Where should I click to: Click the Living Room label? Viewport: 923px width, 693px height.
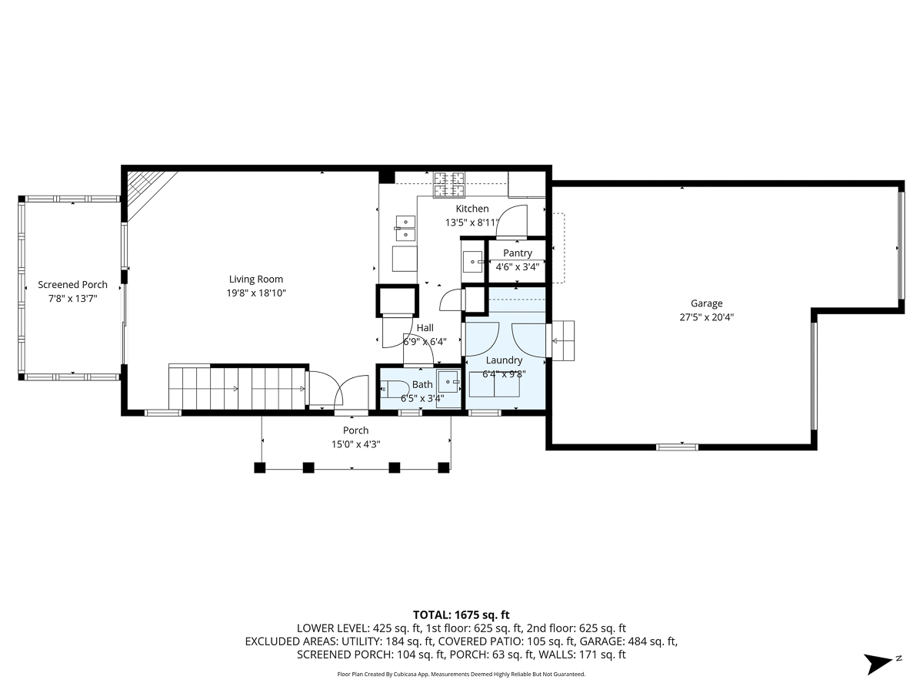tap(255, 280)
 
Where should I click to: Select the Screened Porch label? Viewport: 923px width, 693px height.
tap(72, 285)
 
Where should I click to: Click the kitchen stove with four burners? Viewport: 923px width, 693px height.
tap(449, 182)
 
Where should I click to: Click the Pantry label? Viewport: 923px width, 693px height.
tap(518, 253)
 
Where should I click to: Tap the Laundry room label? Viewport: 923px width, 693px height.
tap(504, 360)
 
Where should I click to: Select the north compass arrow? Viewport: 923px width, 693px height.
tap(879, 663)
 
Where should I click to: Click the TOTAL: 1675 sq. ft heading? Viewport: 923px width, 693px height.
tap(461, 614)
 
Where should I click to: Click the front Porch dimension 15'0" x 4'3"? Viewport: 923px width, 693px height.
tap(355, 444)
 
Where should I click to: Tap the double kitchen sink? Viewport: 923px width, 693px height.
tap(405, 229)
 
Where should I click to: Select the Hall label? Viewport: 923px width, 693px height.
tap(425, 328)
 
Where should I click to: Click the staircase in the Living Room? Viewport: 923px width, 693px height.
tap(237, 387)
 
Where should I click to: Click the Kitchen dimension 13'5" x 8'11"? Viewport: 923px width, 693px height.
tap(471, 223)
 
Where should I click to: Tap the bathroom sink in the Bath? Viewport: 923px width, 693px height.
tap(448, 380)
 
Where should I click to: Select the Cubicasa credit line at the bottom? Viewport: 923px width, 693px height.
tap(461, 674)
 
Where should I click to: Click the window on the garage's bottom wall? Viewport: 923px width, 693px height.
tap(677, 446)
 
